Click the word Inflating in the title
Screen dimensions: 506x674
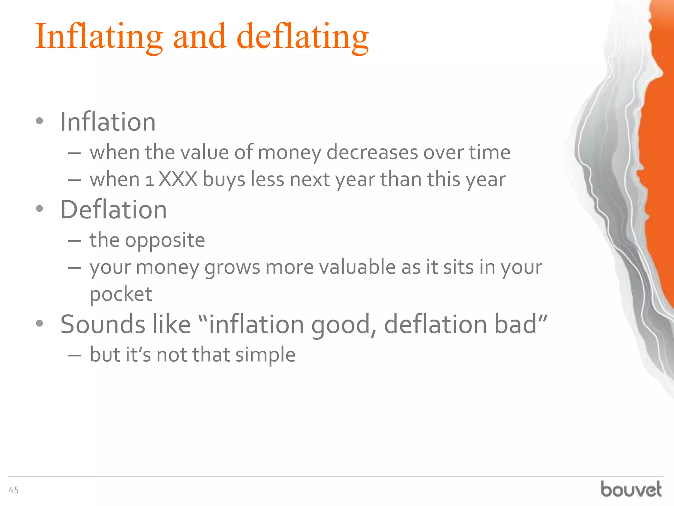[x=99, y=37]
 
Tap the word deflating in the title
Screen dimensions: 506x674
[x=302, y=37]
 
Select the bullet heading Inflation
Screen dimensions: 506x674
[x=108, y=122]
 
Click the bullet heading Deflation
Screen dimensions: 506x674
[x=114, y=210]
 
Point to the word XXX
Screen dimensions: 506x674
[x=178, y=180]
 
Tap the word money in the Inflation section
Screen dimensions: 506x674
[x=289, y=153]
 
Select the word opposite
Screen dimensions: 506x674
[x=165, y=240]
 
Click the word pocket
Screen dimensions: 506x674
[x=121, y=294]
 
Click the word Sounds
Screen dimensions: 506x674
[x=102, y=324]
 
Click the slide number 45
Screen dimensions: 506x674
[x=14, y=490]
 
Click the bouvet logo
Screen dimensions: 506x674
[x=631, y=489]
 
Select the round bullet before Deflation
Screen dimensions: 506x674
[x=39, y=209]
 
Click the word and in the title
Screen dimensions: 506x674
[x=199, y=37]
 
